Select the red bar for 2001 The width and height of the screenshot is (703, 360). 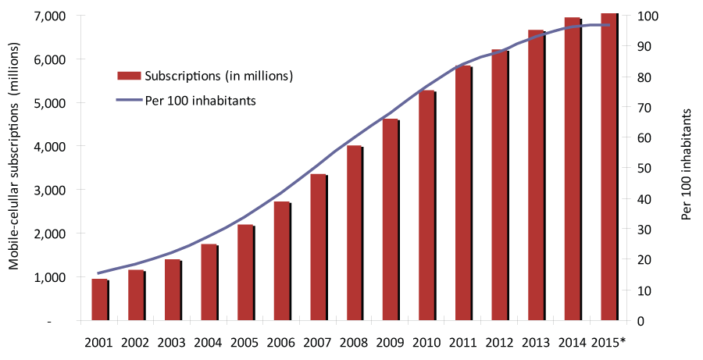(99, 300)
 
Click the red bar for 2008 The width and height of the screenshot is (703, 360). (354, 233)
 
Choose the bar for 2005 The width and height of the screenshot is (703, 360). (244, 273)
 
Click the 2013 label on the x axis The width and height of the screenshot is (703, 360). (536, 342)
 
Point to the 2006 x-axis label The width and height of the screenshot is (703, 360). (281, 342)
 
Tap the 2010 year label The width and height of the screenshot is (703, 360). (426, 342)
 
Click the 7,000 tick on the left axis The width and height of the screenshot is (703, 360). (51, 16)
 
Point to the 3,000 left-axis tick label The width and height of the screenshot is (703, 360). (51, 191)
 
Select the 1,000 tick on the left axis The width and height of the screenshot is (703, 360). (51, 278)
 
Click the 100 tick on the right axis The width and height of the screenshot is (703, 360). (648, 16)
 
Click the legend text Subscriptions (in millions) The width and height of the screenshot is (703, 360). (219, 76)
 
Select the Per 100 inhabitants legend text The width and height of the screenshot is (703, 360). (201, 100)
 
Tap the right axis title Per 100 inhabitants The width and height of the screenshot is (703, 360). (687, 164)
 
